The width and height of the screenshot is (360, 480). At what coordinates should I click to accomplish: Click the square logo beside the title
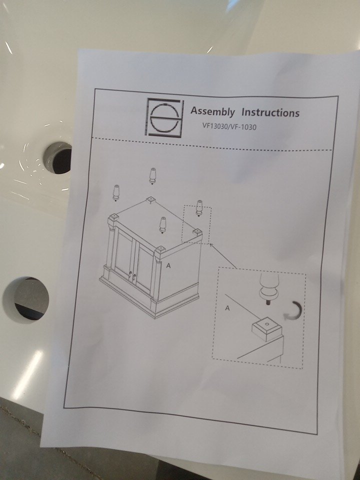[165, 117]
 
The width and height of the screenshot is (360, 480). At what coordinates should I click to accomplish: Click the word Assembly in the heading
[213, 111]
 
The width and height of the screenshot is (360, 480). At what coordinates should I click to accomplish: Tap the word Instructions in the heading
[270, 112]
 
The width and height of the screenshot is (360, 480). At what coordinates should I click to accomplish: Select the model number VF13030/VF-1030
[229, 126]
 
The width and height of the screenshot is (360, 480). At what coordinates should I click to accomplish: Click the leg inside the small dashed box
[199, 208]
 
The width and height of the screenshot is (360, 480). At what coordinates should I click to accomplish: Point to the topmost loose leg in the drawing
[152, 176]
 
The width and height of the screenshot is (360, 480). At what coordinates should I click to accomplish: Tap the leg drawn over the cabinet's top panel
[163, 225]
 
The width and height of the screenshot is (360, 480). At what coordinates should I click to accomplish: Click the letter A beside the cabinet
[168, 265]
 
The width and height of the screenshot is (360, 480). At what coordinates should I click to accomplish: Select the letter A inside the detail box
[227, 308]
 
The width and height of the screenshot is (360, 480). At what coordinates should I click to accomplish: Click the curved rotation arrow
[294, 310]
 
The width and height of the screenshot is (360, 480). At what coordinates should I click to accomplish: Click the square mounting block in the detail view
[267, 329]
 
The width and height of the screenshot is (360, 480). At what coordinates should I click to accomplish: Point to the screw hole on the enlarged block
[267, 323]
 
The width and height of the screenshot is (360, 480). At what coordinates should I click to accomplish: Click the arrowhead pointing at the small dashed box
[211, 245]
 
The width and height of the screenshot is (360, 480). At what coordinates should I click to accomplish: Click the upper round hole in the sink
[58, 158]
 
